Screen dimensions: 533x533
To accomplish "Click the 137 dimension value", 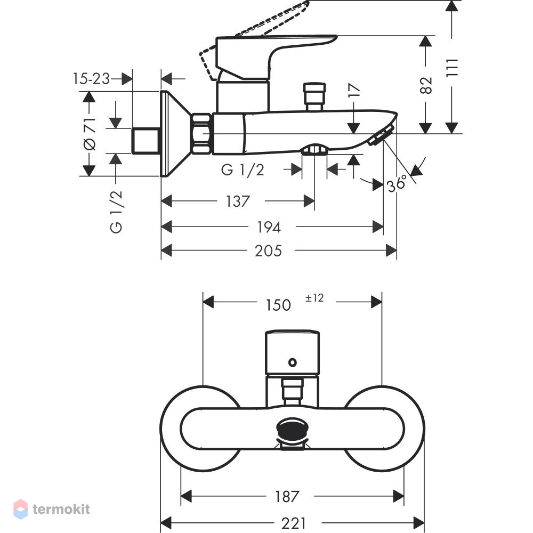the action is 238,201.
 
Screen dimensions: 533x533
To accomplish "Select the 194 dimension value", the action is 269,227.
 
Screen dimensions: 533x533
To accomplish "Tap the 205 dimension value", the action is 268,251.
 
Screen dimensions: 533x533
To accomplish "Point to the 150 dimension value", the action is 278,305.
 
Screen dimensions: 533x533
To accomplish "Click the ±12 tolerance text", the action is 314,298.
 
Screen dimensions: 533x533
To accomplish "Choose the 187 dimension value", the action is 287,497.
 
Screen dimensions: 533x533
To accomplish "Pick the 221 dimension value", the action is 294,523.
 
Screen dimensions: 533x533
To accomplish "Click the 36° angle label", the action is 397,183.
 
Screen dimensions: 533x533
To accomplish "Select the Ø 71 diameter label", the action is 90,134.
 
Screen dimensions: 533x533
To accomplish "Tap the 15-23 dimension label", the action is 91,79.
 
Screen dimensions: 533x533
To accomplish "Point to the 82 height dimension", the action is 426,85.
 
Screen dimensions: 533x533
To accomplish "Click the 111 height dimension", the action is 452,68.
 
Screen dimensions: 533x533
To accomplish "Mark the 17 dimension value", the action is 354,90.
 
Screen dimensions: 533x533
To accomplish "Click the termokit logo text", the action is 61,509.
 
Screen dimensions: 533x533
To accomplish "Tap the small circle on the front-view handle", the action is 292,362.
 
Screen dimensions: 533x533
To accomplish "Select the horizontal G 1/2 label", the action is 243,170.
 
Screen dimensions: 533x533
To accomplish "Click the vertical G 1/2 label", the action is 116,212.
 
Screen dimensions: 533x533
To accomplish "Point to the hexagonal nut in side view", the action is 201,134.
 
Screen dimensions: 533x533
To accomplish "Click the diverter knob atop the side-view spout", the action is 314,96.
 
